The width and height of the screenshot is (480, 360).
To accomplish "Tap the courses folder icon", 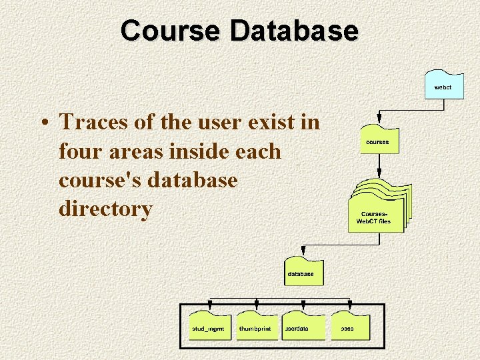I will (379, 140).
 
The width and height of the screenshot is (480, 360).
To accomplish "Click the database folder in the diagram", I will (303, 270).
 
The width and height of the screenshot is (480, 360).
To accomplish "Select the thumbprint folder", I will (257, 327).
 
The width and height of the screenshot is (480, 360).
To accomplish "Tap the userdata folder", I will (304, 327).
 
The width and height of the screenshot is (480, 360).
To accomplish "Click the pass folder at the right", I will (350, 327).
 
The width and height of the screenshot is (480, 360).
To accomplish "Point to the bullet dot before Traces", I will (43, 123).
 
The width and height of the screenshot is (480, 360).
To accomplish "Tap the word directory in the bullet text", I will (105, 209).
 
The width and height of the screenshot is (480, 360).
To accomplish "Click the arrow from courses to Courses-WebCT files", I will (379, 165).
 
